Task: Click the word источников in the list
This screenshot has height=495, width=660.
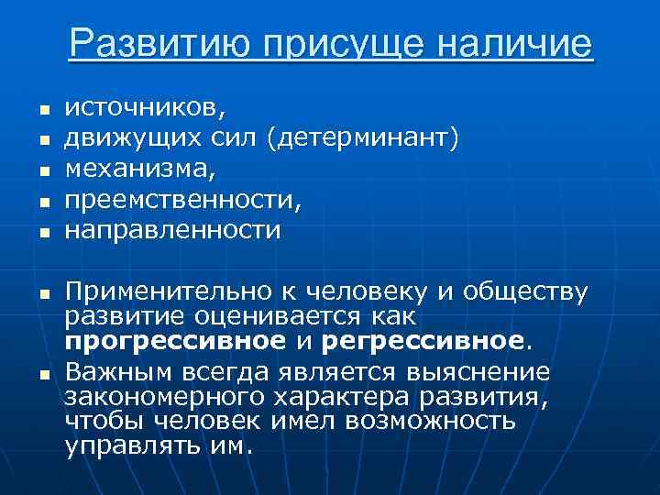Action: point(143,108)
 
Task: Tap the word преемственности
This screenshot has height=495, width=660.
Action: point(178,199)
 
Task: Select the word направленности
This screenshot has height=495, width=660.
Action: point(172,230)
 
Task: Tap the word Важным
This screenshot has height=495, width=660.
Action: point(118,371)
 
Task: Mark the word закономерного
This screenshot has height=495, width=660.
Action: point(165,396)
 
